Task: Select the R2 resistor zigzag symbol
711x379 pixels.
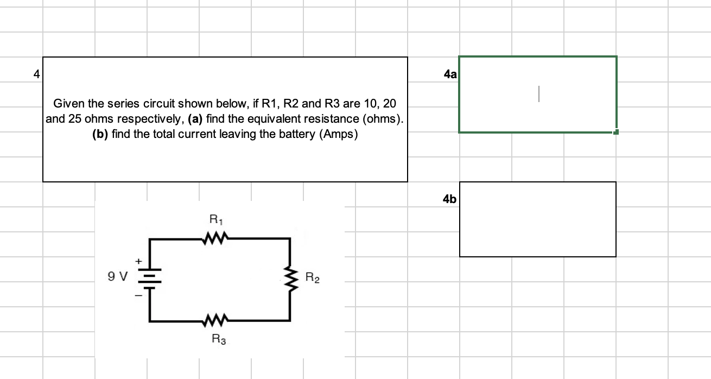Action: coord(289,279)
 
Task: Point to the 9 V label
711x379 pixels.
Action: coord(117,278)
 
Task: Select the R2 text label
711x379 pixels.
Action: coord(313,279)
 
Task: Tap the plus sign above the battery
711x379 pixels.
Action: coord(138,261)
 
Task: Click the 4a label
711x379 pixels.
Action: coord(449,74)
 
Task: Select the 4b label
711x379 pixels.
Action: coord(449,199)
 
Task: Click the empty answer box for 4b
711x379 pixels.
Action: coord(537,219)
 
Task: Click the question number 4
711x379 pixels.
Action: coord(36,74)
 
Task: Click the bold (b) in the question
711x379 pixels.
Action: coord(100,134)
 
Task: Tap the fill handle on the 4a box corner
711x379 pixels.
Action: coord(616,132)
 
